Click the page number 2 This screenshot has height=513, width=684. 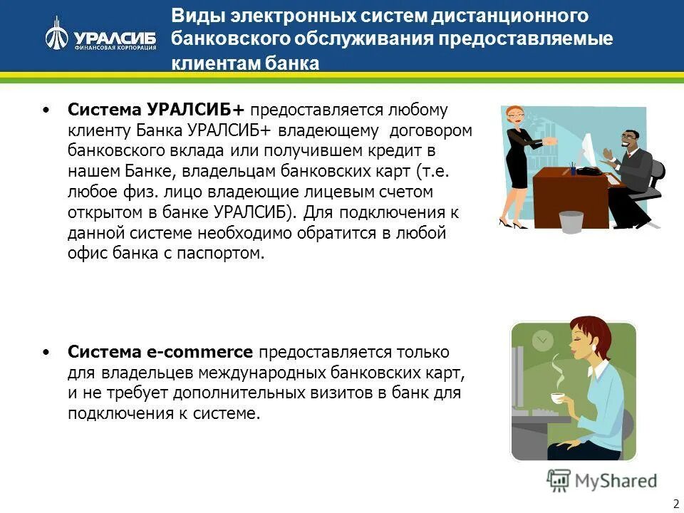675,503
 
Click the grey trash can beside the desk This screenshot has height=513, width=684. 571,221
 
